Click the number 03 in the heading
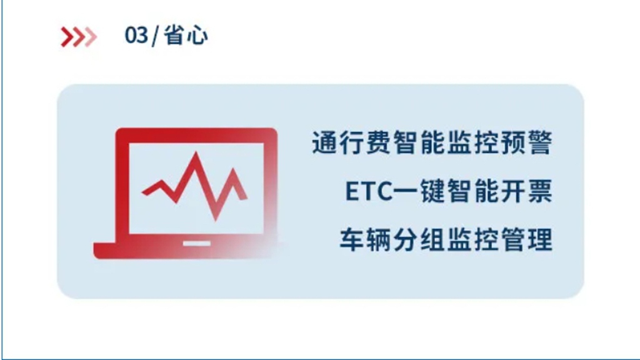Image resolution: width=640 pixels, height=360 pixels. click(136, 36)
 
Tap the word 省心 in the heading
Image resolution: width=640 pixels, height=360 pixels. click(186, 36)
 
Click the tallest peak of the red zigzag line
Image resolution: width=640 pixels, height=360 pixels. click(197, 156)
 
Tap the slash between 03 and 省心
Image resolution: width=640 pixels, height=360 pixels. click(154, 36)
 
